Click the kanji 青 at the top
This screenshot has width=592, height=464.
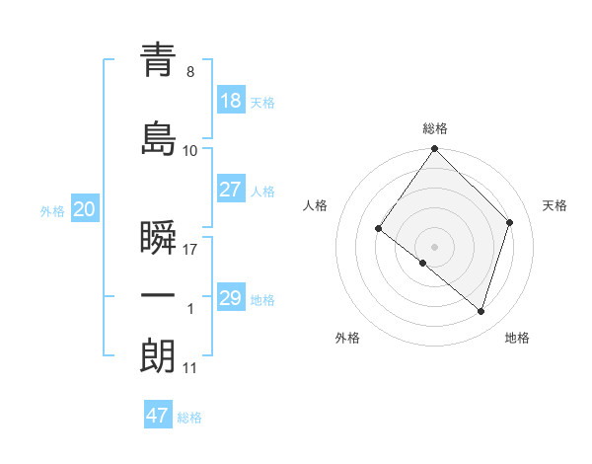(x=158, y=60)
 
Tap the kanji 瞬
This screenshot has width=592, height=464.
(x=158, y=238)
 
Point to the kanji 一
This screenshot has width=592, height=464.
(x=158, y=296)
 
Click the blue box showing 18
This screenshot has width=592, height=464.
(x=230, y=101)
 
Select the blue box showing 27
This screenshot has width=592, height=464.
(x=230, y=190)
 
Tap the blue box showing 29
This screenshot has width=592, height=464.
(x=230, y=298)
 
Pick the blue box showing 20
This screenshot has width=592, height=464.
(x=84, y=209)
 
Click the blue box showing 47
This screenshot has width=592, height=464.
(x=158, y=416)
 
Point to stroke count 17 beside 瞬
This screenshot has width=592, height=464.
(x=190, y=250)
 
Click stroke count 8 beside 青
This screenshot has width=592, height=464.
(x=190, y=72)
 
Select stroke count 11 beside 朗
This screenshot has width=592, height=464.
(x=190, y=368)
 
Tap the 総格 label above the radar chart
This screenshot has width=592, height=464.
(x=435, y=128)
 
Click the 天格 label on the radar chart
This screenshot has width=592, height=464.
(x=555, y=205)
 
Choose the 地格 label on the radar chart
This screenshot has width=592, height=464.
(x=517, y=338)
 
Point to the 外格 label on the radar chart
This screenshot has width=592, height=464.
(x=347, y=338)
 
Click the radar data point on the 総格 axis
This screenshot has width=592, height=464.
(x=435, y=150)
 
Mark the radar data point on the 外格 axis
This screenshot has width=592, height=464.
(x=423, y=263)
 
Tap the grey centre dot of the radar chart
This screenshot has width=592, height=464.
(x=435, y=246)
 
